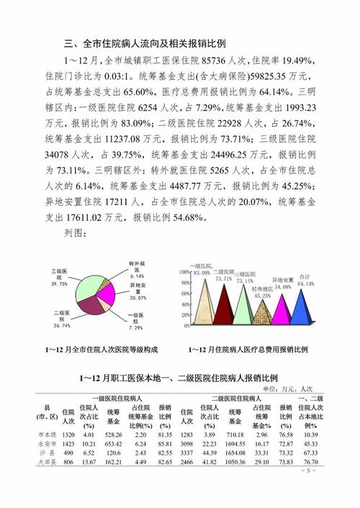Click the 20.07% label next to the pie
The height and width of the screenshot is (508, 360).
138,298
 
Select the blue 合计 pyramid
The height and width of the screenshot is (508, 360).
302,309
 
